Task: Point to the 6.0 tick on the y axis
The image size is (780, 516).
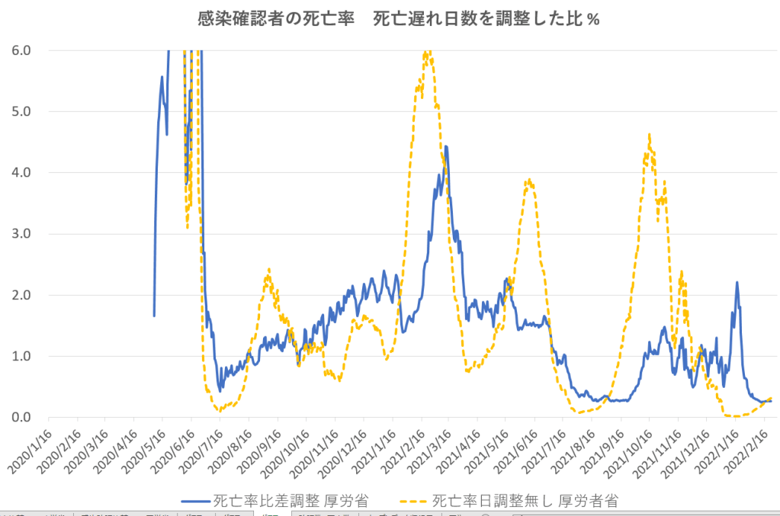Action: (21, 50)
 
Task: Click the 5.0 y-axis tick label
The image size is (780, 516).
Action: (21, 111)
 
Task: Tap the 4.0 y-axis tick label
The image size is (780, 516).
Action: (21, 172)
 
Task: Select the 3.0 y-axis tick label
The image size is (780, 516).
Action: (21, 233)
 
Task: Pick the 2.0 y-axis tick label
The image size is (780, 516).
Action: (21, 295)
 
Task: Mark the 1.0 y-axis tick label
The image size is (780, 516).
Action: (21, 356)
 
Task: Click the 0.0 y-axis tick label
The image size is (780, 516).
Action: (21, 417)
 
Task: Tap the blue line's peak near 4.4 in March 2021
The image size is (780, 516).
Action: (446, 146)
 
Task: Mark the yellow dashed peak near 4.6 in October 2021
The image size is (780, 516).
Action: (649, 135)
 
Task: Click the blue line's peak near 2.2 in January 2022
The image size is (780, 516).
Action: (737, 282)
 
